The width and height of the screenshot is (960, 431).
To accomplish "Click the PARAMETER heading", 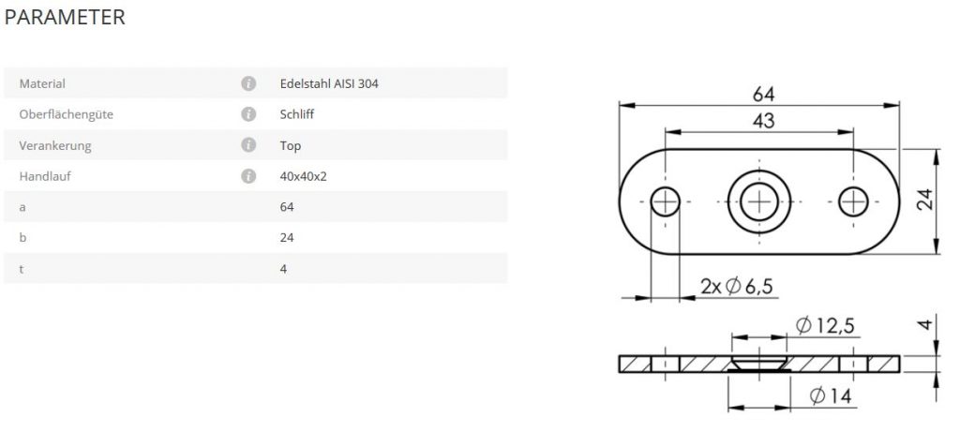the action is [65, 17].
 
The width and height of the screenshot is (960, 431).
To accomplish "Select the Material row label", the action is [42, 83].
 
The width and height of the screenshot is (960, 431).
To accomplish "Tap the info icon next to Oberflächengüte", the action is [247, 114].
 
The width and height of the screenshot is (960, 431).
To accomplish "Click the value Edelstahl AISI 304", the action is [329, 83].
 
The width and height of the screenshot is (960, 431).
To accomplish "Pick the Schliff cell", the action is [297, 114].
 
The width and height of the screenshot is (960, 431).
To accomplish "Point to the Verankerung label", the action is [55, 146].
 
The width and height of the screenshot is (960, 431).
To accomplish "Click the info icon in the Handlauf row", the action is [247, 176].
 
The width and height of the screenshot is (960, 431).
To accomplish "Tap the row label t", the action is [22, 269].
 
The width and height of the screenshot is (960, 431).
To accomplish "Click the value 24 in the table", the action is [287, 238].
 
